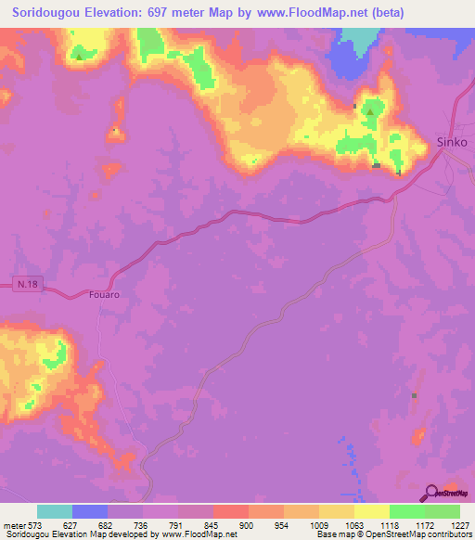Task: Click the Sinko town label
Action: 451,142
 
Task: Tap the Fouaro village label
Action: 105,294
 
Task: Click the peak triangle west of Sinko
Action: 369,112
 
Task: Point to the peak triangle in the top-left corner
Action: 79,56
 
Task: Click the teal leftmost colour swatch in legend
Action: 55,511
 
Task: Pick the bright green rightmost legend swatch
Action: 442,511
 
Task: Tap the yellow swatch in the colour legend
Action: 371,511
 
